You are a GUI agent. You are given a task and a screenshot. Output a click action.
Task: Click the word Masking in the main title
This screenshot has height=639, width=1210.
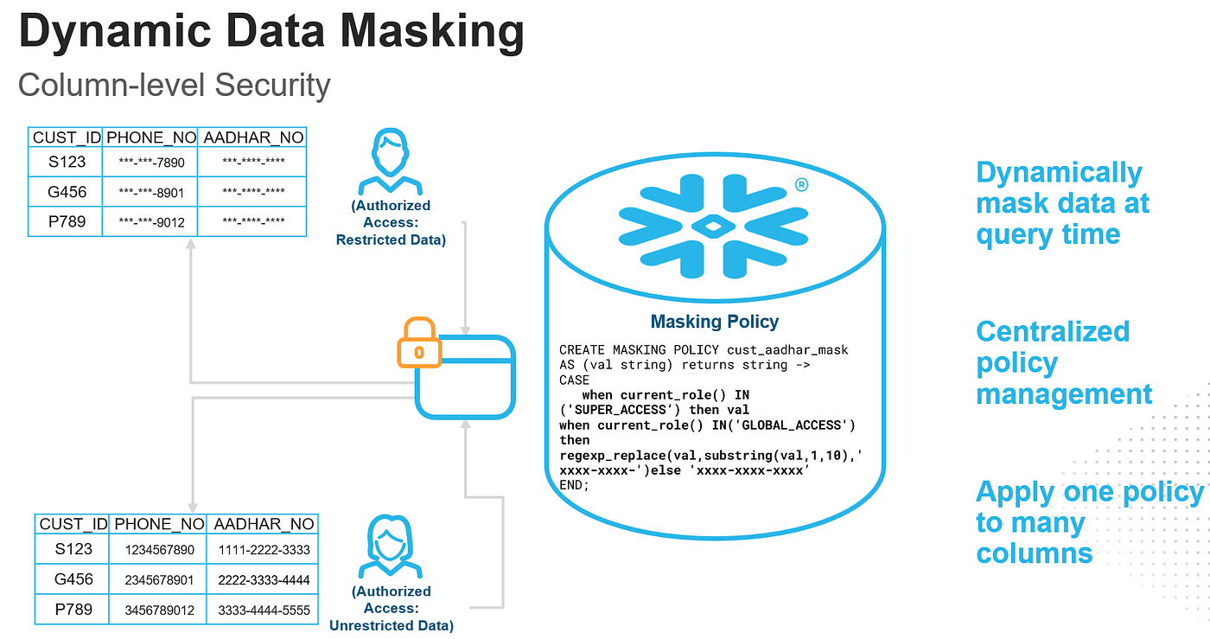[x=432, y=32]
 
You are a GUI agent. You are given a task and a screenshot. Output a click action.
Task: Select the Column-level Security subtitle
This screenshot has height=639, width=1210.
[x=174, y=86]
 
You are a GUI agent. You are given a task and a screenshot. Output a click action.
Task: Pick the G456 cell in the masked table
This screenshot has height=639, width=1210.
[x=67, y=192]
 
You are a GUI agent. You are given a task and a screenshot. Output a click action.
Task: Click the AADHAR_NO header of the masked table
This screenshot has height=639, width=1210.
[x=253, y=137]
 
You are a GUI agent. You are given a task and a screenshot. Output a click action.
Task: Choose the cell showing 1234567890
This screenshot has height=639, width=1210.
[x=159, y=550]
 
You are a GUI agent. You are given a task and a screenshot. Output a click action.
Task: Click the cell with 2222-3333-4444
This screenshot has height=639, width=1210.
[x=264, y=580]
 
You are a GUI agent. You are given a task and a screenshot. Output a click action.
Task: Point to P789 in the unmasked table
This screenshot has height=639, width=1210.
[x=73, y=610]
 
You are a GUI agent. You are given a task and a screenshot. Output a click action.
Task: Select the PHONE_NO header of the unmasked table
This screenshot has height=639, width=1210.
[x=159, y=524]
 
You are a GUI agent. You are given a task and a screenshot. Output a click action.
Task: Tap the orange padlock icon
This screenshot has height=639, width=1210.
[x=419, y=342]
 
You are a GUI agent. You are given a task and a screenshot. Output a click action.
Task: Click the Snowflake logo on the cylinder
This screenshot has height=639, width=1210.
[x=713, y=226]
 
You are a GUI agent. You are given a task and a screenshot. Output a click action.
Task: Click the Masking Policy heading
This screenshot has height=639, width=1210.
[x=714, y=322]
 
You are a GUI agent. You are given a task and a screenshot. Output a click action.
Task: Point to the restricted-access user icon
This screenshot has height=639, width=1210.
[x=390, y=161]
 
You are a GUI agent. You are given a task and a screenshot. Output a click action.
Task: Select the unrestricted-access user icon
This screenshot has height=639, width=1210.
[x=390, y=546]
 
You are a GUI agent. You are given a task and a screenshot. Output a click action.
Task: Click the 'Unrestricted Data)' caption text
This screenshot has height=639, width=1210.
[x=391, y=625]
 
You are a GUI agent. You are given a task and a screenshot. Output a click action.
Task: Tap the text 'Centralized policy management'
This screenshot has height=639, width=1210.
[x=1064, y=362]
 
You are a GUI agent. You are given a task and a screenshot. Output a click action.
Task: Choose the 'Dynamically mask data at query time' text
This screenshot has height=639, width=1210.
[x=1062, y=203]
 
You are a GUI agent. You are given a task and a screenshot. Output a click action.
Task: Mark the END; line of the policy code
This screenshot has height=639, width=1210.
[x=574, y=485]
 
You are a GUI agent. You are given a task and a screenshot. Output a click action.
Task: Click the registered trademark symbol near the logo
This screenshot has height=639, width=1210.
[x=802, y=185]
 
